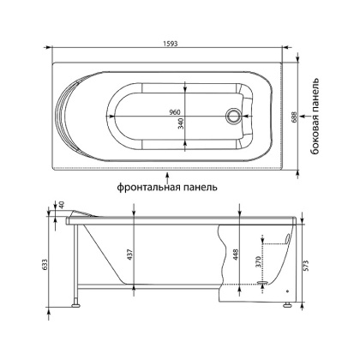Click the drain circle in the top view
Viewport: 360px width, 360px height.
[232, 115]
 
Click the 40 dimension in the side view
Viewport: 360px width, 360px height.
[61, 205]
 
